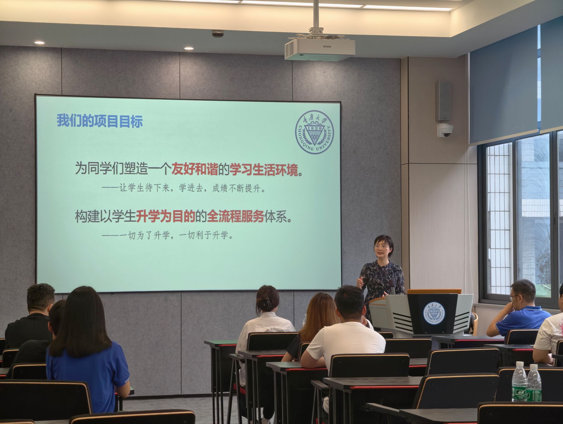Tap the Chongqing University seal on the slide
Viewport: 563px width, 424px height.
point(315,132)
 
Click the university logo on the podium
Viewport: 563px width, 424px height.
point(434,313)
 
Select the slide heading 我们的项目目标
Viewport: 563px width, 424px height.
point(100,121)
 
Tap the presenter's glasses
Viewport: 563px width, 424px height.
point(382,246)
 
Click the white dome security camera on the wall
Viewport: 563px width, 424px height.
point(445,130)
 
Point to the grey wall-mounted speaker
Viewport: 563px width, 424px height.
point(443,101)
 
